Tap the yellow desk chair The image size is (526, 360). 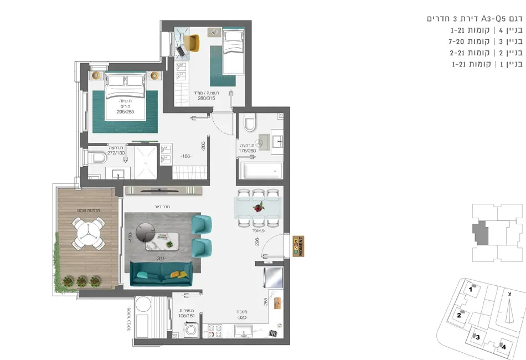coord(192,42)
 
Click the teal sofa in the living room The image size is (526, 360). coord(160,274)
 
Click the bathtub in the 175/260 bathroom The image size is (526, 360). coord(260,167)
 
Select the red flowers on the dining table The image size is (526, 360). coord(258,208)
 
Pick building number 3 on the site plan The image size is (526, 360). coord(477,336)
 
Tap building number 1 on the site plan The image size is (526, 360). coord(471,289)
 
